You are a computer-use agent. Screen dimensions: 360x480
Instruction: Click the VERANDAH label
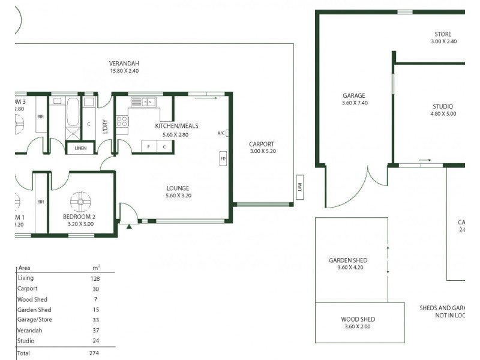124,63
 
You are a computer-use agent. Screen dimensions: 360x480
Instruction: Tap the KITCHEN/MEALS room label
176,126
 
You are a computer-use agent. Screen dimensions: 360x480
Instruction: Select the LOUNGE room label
178,188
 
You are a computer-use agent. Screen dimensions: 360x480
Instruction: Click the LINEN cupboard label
80,148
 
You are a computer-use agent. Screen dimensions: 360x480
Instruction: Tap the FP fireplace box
223,159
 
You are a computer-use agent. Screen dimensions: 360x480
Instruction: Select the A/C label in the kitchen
221,134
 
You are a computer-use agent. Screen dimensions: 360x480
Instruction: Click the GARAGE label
353,95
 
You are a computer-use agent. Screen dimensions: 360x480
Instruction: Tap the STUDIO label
443,106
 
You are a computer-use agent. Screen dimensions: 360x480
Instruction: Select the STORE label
443,34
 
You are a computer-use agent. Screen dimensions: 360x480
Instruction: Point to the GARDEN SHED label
348,260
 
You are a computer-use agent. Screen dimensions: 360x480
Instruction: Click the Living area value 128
95,278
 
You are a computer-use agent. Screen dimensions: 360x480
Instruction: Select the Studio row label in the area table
26,340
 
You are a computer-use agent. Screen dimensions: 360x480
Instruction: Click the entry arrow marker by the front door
129,227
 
